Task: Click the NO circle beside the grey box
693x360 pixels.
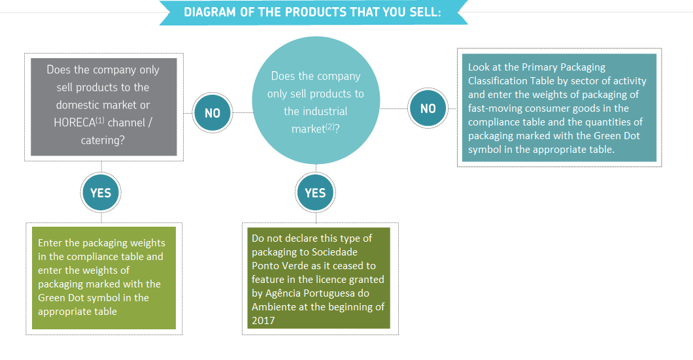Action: pyautogui.click(x=212, y=112)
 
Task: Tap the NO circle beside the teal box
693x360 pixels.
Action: pyautogui.click(x=428, y=108)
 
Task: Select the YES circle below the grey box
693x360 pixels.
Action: pyautogui.click(x=101, y=193)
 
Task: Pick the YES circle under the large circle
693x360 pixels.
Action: pyautogui.click(x=316, y=193)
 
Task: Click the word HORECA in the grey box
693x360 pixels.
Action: pyautogui.click(x=75, y=122)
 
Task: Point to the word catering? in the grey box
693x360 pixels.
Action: pyautogui.click(x=103, y=140)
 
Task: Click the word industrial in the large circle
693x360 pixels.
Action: pyautogui.click(x=316, y=111)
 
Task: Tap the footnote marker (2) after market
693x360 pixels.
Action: pyautogui.click(x=330, y=127)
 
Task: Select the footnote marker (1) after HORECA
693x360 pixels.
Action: pyautogui.click(x=100, y=120)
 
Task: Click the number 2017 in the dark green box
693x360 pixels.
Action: pyautogui.click(x=263, y=321)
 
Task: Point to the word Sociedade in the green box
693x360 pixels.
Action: pyautogui.click(x=335, y=252)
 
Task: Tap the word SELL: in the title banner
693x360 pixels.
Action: pyautogui.click(x=425, y=12)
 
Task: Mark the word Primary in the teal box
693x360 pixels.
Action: pyautogui.click(x=539, y=67)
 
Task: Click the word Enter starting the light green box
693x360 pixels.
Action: pyautogui.click(x=50, y=243)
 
